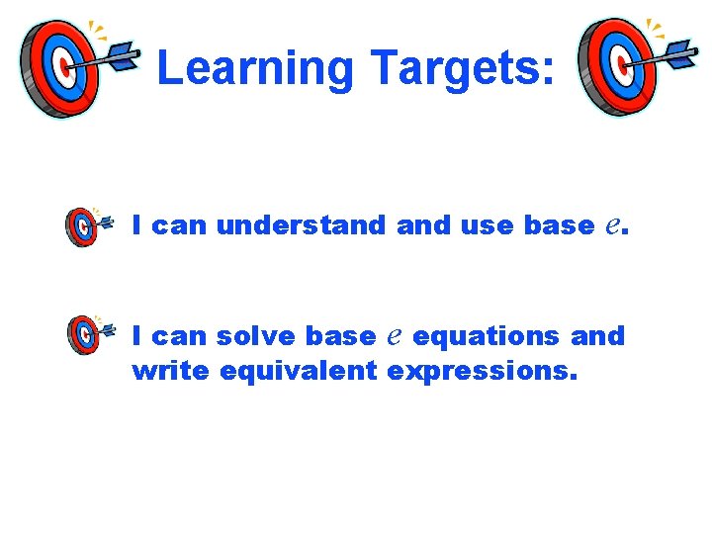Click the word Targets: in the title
click(462, 68)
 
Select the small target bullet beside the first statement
click(83, 226)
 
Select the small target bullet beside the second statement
click(83, 336)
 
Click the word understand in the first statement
click(301, 225)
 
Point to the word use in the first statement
click(488, 226)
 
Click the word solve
click(256, 336)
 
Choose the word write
click(171, 371)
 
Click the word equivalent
click(299, 372)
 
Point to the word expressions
click(481, 373)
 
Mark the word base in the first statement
click(558, 225)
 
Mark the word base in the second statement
click(340, 336)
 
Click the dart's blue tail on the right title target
click(682, 56)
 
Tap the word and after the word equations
click(598, 336)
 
